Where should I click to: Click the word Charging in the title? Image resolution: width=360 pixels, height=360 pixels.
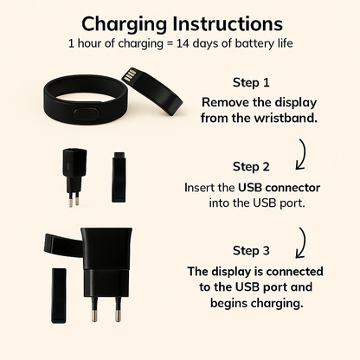coord(125,25)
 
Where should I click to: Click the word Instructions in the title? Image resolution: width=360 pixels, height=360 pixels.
coord(228,23)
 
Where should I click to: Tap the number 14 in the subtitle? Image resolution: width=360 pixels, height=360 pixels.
coord(183,43)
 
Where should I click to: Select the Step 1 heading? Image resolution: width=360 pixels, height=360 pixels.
coord(251,82)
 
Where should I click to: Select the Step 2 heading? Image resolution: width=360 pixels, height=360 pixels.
coord(251,167)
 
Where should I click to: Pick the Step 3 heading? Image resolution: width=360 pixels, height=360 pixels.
coord(251,250)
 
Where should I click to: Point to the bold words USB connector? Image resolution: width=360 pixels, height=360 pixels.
coord(279,188)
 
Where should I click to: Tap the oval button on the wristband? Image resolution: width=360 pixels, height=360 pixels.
coord(87,113)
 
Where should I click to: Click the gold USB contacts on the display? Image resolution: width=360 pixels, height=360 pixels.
coord(129,75)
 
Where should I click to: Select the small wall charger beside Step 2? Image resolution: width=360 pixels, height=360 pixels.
coord(74,177)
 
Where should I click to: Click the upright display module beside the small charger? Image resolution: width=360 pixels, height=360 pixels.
coord(119,177)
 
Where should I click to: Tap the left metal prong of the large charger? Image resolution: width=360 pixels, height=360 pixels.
coord(94,309)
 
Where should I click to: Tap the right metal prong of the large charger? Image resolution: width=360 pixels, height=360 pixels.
coord(118,309)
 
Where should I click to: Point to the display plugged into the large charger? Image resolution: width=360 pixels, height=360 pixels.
coord(63,245)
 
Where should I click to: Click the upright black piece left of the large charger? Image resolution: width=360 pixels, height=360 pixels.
coord(59,295)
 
